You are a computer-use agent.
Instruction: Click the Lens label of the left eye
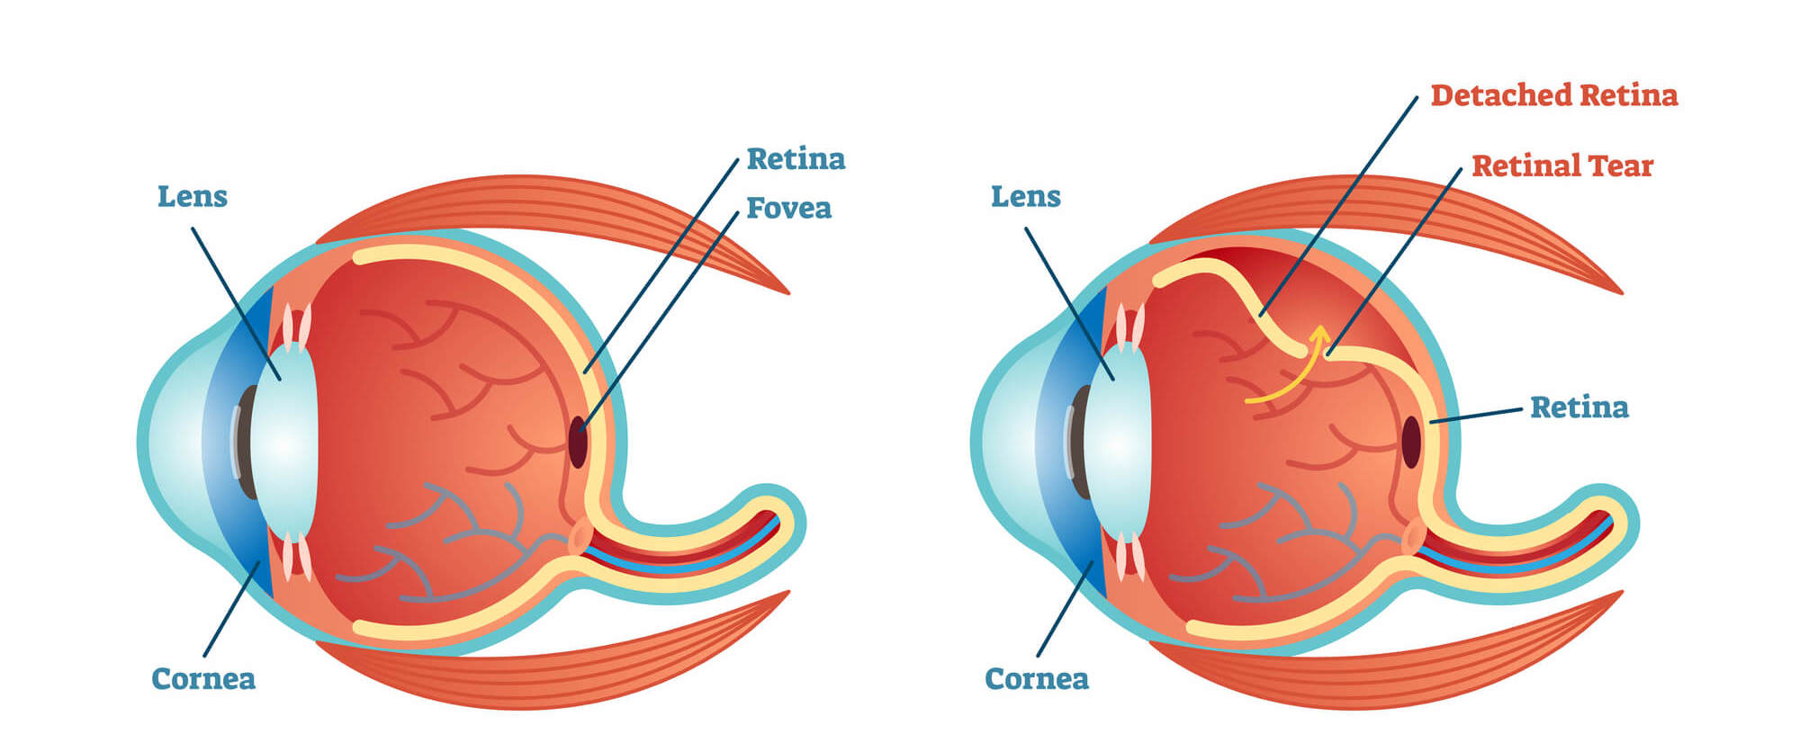192,196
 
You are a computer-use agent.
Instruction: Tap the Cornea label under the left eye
203,678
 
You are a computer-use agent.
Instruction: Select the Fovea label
788,208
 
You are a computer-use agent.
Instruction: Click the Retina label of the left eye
796,159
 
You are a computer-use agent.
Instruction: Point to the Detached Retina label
1553,95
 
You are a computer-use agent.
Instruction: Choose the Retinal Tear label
1562,166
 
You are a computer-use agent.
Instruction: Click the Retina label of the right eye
1579,407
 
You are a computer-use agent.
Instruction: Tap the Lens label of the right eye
1025,196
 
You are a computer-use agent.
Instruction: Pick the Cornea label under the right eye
1037,678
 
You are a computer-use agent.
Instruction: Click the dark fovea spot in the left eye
578,442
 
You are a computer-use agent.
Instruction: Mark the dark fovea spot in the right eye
1411,442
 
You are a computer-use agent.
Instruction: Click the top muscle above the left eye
558,207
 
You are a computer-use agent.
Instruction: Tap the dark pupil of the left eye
245,441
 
